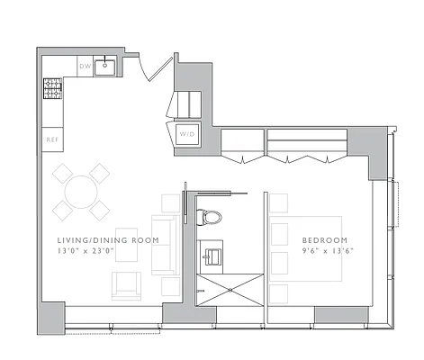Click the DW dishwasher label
pyautogui.click(x=86, y=67)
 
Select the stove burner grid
pyautogui.click(x=51, y=87)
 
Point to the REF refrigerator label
pyautogui.click(x=52, y=139)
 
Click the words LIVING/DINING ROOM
pyautogui.click(x=108, y=241)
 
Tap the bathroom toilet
pyautogui.click(x=210, y=218)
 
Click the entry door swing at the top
pyautogui.click(x=155, y=67)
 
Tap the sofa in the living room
pyautogui.click(x=165, y=245)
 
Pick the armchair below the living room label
pyautogui.click(x=125, y=285)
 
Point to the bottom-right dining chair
pyautogui.click(x=98, y=211)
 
